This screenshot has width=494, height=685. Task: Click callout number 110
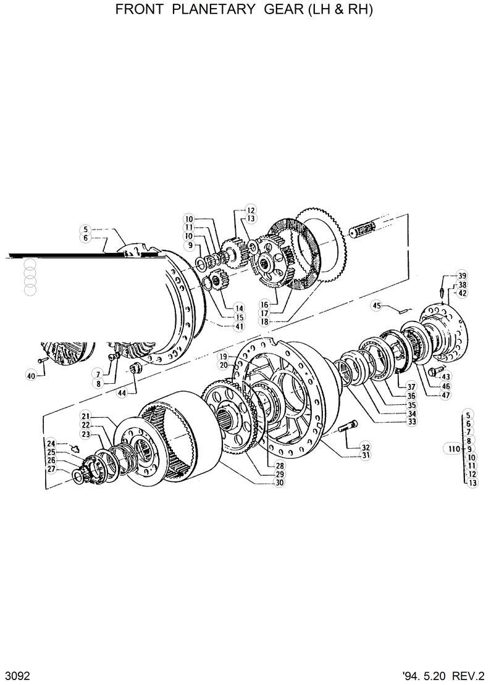point(453,449)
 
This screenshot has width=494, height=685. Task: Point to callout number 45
point(377,305)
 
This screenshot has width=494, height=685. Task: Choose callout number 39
point(462,276)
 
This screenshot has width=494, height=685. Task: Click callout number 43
point(446,376)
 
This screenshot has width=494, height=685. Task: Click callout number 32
point(366,447)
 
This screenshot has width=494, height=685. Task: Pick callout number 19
point(222,357)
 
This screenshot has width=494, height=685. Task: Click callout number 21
point(85,417)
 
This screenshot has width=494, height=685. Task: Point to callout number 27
point(51,469)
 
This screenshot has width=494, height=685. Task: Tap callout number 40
point(30,374)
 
